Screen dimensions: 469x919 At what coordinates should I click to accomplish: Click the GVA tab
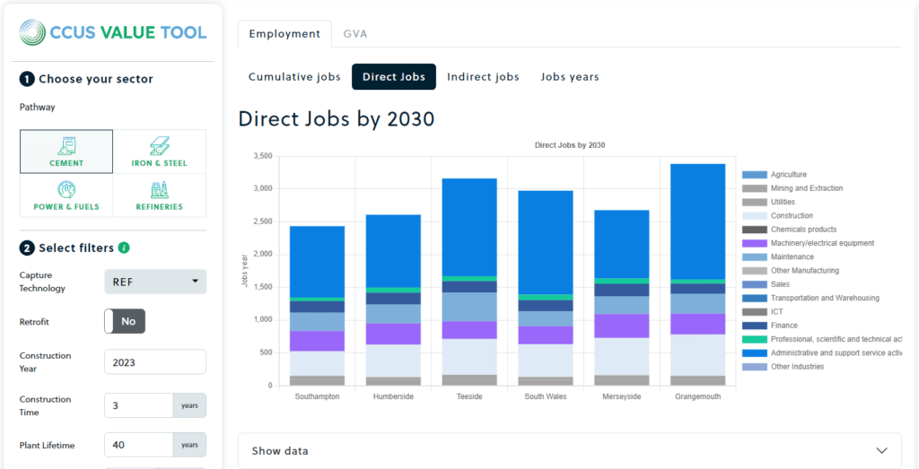point(354,34)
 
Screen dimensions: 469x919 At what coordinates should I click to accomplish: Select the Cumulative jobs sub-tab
point(294,77)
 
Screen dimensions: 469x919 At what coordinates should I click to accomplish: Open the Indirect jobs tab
point(483,77)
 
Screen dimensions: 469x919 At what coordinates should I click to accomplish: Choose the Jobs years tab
point(570,77)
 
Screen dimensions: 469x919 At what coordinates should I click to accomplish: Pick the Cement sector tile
point(67,152)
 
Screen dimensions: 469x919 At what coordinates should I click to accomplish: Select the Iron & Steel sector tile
point(160,152)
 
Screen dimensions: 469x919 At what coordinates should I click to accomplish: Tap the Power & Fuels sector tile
point(67,195)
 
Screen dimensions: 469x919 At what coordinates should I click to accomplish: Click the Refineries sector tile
point(160,195)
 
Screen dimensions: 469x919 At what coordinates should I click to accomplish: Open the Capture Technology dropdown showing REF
point(155,282)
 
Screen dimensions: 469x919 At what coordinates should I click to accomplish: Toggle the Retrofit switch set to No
point(125,321)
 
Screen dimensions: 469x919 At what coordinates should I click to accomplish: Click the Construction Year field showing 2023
point(155,362)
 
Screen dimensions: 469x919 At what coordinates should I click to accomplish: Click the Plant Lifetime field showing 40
point(139,445)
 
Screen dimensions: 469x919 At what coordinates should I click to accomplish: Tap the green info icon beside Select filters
point(124,248)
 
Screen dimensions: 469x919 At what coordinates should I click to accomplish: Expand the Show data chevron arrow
point(882,450)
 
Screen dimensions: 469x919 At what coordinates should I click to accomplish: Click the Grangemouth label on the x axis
point(697,396)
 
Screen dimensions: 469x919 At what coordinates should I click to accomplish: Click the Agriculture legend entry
point(788,175)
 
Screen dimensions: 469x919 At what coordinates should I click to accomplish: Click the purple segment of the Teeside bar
point(469,330)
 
